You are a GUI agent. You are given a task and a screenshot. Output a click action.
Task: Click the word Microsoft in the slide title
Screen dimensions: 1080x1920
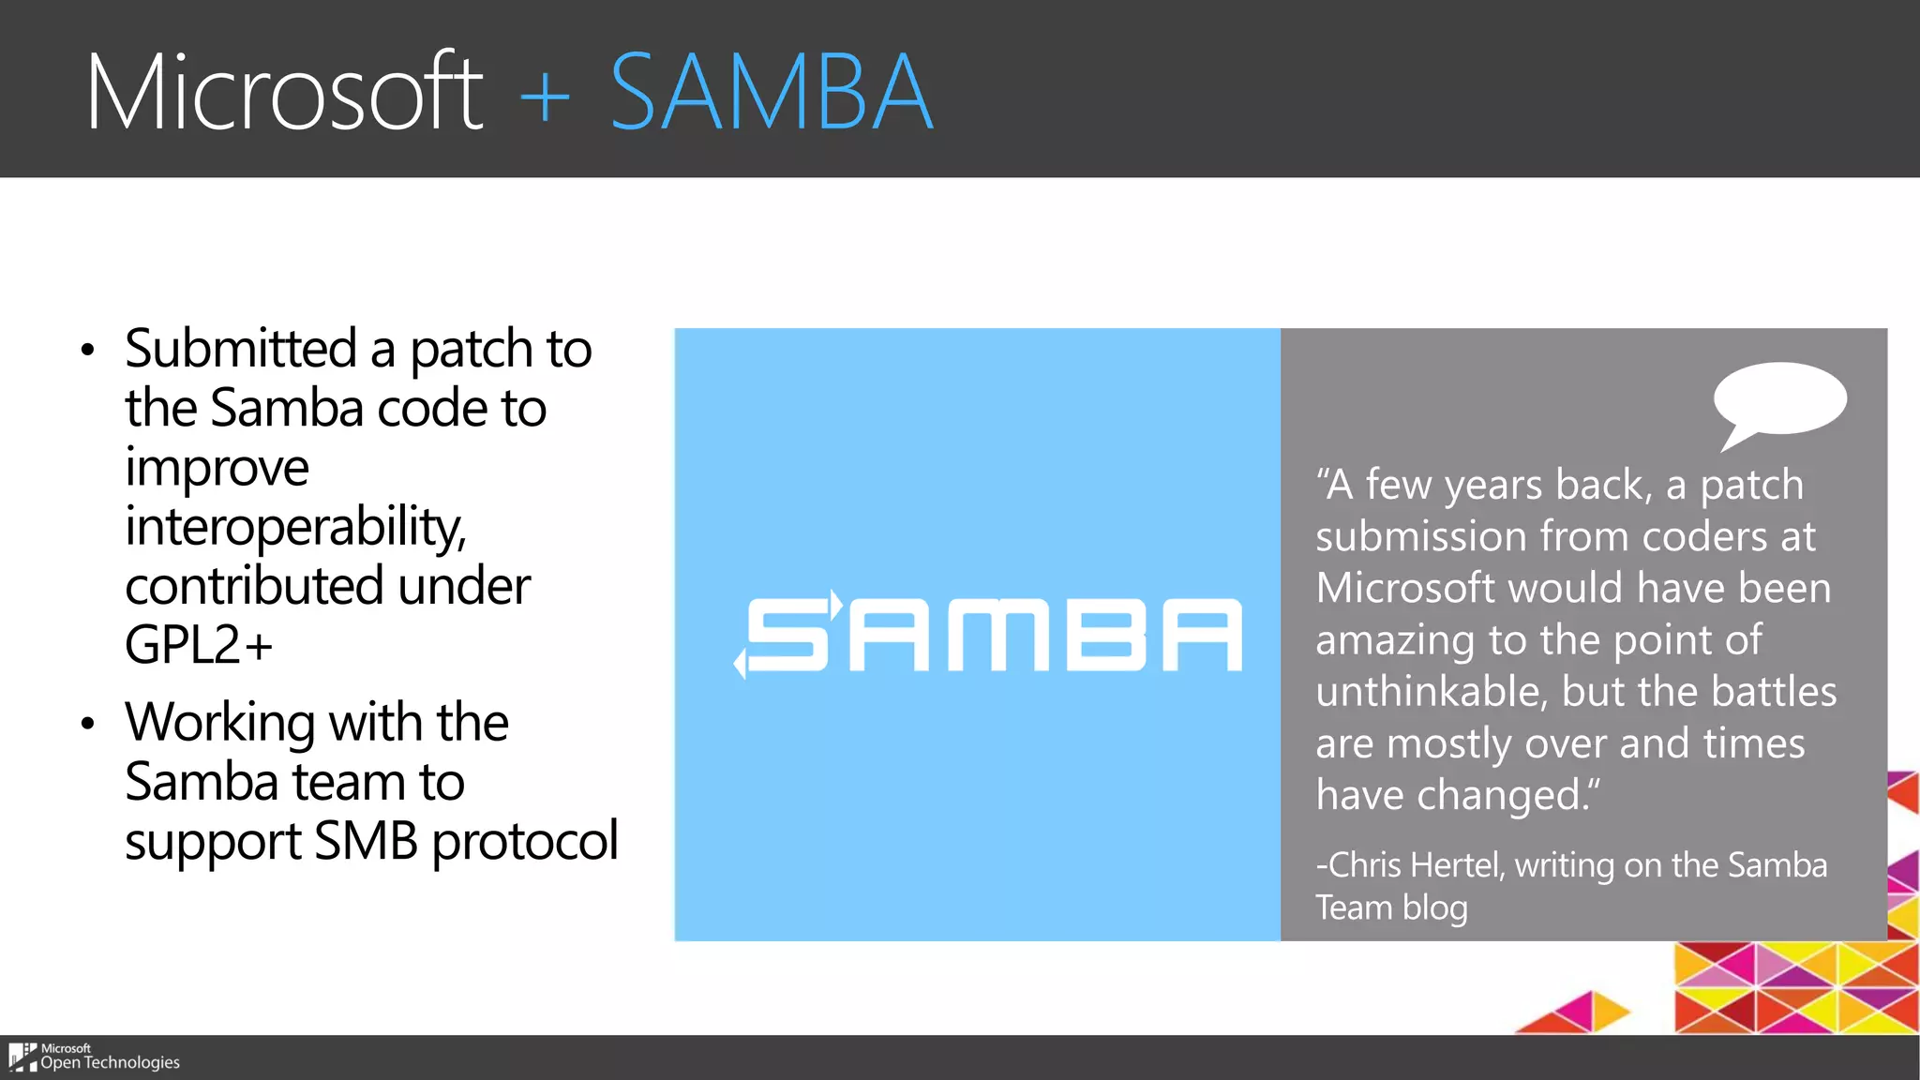click(x=284, y=92)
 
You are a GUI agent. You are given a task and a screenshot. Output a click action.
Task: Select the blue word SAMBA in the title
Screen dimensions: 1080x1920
click(x=771, y=92)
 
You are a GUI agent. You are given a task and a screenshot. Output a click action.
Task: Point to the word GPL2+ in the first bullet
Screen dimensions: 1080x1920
click(x=199, y=644)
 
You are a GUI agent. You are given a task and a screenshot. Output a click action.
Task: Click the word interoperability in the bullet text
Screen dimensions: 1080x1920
click(x=294, y=526)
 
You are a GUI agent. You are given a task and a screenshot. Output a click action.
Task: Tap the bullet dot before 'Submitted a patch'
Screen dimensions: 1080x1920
click(x=88, y=351)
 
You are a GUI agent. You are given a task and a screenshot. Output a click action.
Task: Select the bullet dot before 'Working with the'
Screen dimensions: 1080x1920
click(x=88, y=724)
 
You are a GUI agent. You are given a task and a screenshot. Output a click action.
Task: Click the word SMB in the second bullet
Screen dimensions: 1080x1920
click(x=366, y=840)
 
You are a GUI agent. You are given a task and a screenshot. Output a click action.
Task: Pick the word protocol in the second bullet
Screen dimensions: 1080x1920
click(x=525, y=840)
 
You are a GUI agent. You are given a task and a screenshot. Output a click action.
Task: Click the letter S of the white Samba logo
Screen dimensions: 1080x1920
click(x=787, y=635)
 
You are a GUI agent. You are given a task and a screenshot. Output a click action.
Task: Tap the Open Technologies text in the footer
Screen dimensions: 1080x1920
click(x=110, y=1062)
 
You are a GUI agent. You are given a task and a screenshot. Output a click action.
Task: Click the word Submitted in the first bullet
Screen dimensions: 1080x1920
click(x=241, y=349)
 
